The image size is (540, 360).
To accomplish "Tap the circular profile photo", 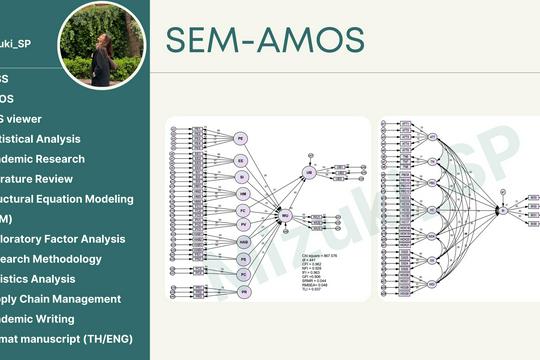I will [101, 41].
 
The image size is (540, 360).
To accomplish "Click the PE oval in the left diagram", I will [241, 138].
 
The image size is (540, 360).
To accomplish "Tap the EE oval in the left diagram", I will [241, 160].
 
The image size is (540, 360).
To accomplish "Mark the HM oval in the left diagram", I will [241, 193].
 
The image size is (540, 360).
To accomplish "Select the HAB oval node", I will [241, 241].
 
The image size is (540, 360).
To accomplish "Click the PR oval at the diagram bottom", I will [241, 291].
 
